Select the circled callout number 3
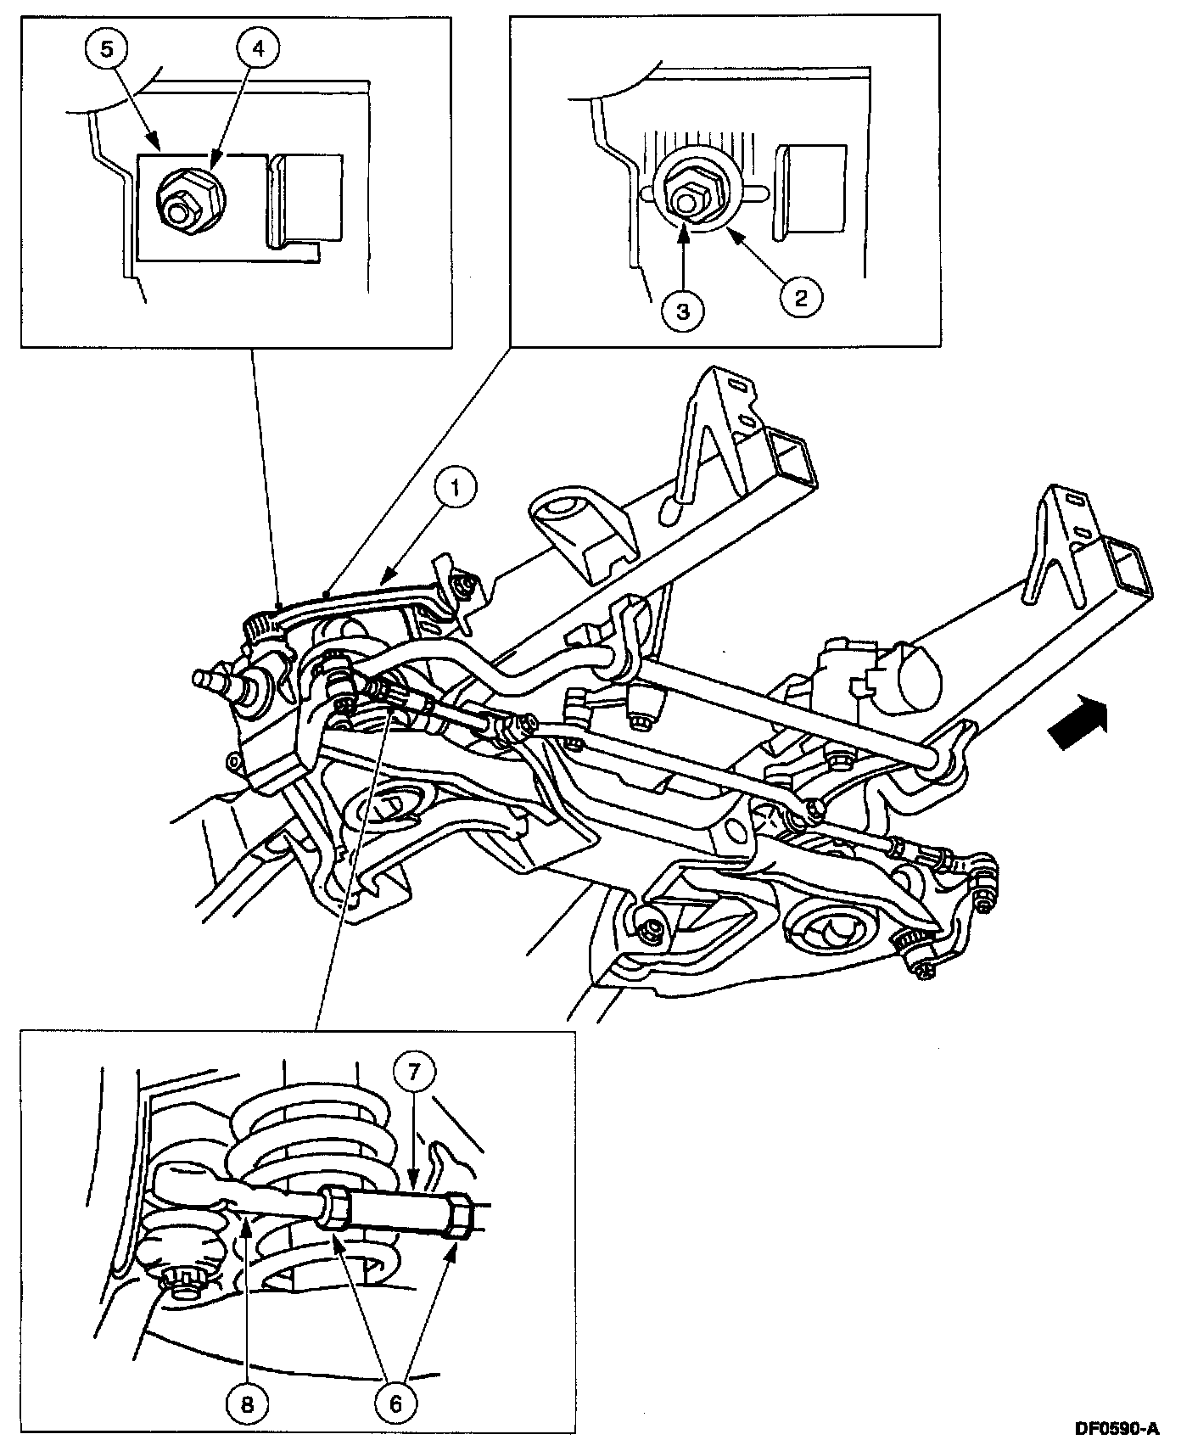(683, 311)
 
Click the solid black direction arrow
(1079, 720)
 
